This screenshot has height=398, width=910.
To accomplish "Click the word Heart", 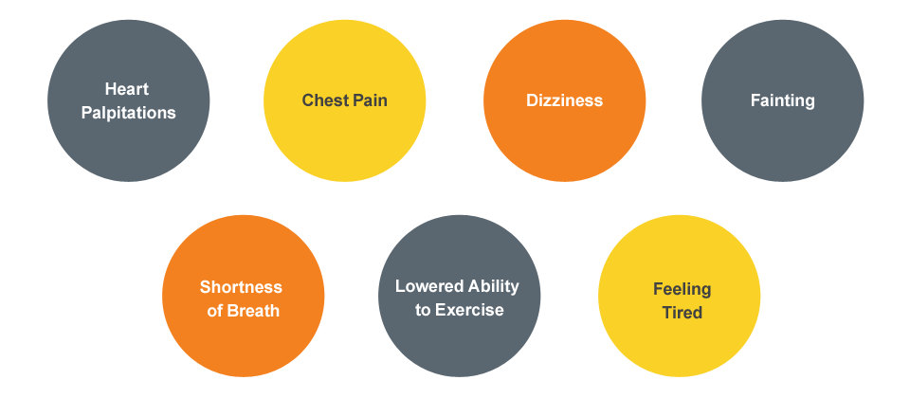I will click(x=127, y=90).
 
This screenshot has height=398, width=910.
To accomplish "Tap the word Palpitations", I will click(x=129, y=113).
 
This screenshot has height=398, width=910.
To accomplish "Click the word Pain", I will click(x=371, y=100).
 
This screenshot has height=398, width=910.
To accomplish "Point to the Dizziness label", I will click(x=564, y=100).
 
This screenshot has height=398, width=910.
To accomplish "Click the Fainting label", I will click(x=782, y=100).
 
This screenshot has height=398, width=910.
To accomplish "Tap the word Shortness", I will click(x=241, y=287).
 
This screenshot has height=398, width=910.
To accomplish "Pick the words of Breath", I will click(x=244, y=310).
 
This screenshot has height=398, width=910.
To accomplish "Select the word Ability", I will click(x=493, y=286).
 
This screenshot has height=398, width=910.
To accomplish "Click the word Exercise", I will click(x=469, y=310).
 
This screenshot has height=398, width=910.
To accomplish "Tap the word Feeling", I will click(x=682, y=289).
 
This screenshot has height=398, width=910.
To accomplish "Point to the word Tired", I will click(x=682, y=312).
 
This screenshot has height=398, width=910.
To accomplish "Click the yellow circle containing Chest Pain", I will click(x=344, y=57).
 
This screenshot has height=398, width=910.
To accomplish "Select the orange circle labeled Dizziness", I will click(x=564, y=57).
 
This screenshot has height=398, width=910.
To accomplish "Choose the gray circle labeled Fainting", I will click(x=782, y=57).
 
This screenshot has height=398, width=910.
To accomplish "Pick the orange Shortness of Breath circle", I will click(x=244, y=346).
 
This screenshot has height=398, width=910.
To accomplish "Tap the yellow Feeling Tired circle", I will click(x=679, y=346).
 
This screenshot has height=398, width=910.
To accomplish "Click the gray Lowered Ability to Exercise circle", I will click(x=460, y=346).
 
